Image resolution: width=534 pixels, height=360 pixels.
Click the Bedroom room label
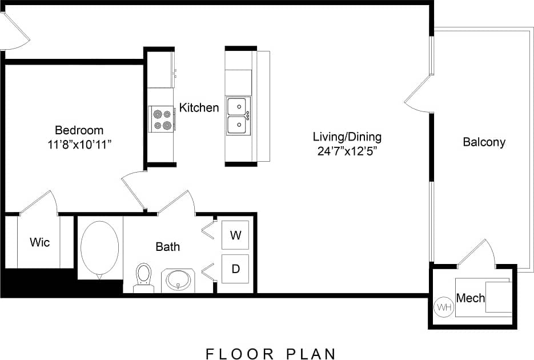(79, 130)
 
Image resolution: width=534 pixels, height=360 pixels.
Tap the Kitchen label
(199, 107)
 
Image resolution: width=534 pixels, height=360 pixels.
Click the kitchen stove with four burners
(161, 119)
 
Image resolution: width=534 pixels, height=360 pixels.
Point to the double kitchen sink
(238, 115)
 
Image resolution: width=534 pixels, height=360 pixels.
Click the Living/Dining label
(347, 137)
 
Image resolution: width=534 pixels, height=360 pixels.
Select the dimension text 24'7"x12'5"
(347, 151)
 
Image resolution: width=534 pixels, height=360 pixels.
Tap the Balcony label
(484, 142)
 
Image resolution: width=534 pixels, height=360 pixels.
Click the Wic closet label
(39, 242)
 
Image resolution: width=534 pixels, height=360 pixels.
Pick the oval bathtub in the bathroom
(100, 246)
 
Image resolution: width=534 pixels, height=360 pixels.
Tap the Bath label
(167, 247)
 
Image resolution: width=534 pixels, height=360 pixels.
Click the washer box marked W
(235, 235)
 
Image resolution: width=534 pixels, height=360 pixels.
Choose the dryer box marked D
(235, 269)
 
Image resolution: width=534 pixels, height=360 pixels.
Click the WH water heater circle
(444, 307)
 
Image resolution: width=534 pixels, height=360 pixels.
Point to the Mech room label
(471, 298)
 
